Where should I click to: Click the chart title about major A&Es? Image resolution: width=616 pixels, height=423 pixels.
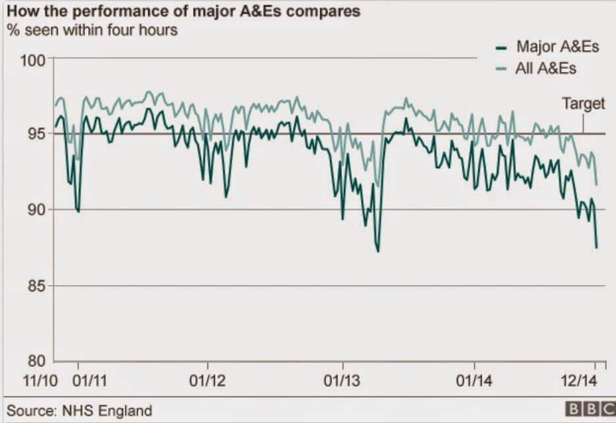184,11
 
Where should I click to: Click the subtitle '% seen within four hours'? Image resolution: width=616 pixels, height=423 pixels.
92,30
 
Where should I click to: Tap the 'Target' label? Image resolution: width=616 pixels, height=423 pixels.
583,104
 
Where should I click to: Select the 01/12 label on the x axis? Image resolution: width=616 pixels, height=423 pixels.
208,381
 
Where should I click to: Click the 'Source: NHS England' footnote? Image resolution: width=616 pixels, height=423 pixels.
79,410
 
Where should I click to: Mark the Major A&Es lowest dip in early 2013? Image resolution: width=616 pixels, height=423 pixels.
378,251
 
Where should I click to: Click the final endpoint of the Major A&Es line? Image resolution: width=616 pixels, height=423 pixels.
596,247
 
